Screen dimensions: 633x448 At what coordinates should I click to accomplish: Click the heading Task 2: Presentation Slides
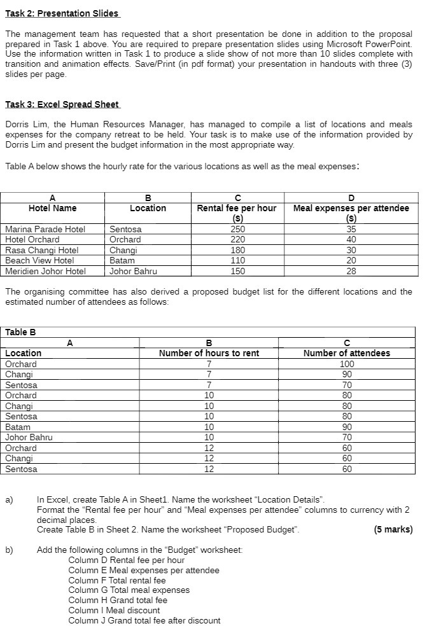62,13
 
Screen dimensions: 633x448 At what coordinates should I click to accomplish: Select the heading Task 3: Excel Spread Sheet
62,104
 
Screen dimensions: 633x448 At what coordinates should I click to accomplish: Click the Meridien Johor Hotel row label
45,271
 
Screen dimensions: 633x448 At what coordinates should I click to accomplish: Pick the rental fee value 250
237,229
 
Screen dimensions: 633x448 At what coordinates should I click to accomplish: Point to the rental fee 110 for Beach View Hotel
237,260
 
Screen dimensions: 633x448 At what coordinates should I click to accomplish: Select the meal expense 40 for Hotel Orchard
351,239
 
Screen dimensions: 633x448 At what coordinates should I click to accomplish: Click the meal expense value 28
351,271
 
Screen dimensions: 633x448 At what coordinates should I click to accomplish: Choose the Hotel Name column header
52,208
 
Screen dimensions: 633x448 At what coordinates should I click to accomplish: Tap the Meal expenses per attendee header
351,208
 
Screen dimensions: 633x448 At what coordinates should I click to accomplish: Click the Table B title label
20,332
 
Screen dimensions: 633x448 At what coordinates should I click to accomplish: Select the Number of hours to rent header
209,353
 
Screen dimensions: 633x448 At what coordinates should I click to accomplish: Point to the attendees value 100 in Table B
347,364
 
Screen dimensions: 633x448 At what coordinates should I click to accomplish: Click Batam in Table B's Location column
17,427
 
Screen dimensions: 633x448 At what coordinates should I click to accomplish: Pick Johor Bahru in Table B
29,437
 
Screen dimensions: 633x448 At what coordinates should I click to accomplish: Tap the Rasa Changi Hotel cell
41,250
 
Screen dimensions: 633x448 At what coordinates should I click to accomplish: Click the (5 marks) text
393,529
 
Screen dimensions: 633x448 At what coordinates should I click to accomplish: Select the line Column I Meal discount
114,610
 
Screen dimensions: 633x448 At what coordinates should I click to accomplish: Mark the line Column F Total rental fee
116,580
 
